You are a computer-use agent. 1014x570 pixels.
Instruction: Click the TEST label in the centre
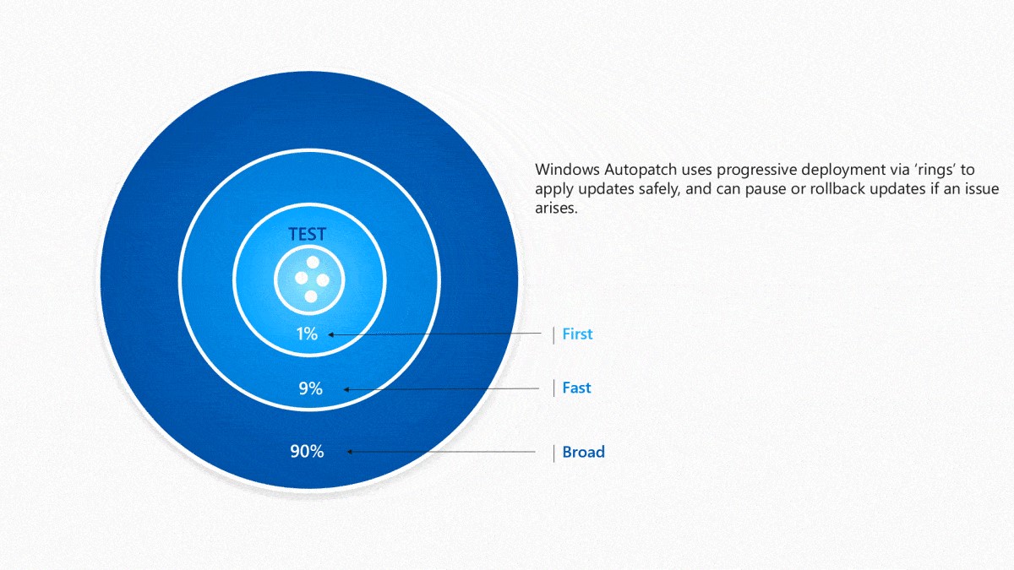coord(307,235)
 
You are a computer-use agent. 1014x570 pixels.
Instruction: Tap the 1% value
coord(307,334)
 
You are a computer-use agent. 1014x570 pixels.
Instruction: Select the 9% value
coord(310,388)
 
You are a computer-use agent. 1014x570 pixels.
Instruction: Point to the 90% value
coord(307,452)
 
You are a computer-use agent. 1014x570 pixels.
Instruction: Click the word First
coord(577,334)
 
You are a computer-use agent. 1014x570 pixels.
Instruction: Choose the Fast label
coord(576,388)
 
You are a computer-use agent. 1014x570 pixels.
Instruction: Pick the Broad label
coord(583,452)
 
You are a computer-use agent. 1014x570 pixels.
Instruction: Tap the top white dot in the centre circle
coord(311,261)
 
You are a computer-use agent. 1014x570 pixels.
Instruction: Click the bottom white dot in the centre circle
coord(310,296)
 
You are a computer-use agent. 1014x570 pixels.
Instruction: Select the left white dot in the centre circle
coord(301,278)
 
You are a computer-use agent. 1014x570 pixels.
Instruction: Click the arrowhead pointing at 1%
coord(331,335)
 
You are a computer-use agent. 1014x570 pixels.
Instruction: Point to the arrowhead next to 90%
coord(350,452)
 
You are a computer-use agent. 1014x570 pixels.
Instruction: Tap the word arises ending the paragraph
coord(556,208)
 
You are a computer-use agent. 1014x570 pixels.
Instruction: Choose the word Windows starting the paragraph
coord(564,169)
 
